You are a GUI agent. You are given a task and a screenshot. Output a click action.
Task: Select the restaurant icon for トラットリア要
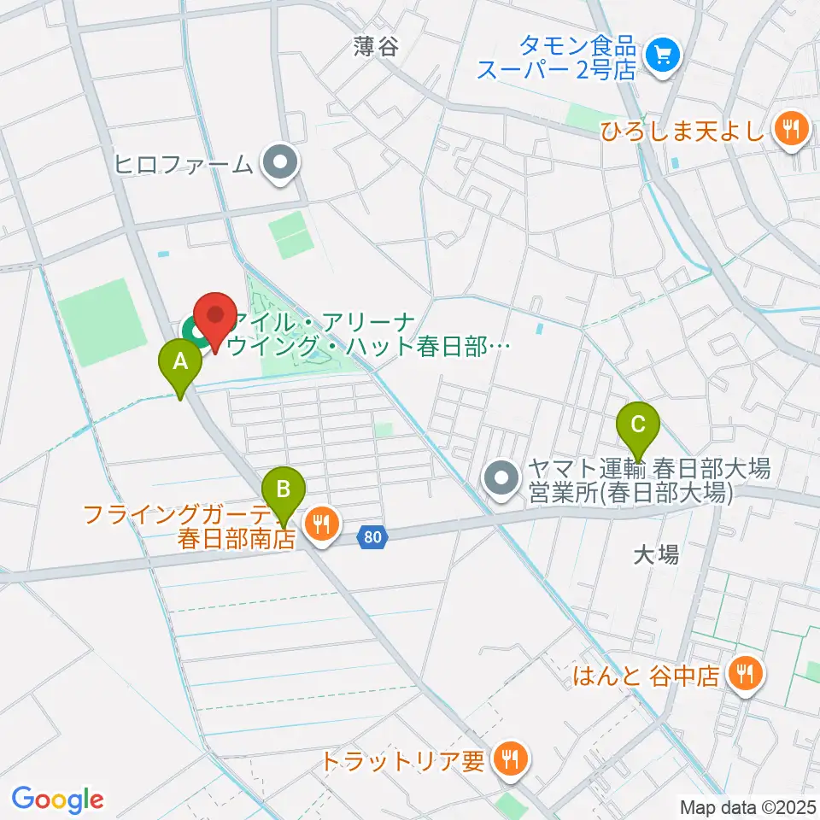pyautogui.click(x=510, y=758)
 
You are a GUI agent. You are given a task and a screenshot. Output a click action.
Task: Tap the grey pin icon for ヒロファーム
pyautogui.click(x=278, y=163)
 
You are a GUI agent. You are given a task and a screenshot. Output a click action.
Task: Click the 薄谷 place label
pyautogui.click(x=377, y=46)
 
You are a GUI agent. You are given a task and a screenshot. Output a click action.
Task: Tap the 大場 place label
pyautogui.click(x=657, y=555)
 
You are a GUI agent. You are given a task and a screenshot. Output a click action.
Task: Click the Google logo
pyautogui.click(x=57, y=799)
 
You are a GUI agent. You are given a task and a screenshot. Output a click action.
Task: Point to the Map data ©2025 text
pyautogui.click(x=748, y=806)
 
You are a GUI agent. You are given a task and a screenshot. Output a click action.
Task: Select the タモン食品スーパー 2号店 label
pyautogui.click(x=557, y=57)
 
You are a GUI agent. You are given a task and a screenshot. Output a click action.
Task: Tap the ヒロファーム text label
pyautogui.click(x=184, y=163)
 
